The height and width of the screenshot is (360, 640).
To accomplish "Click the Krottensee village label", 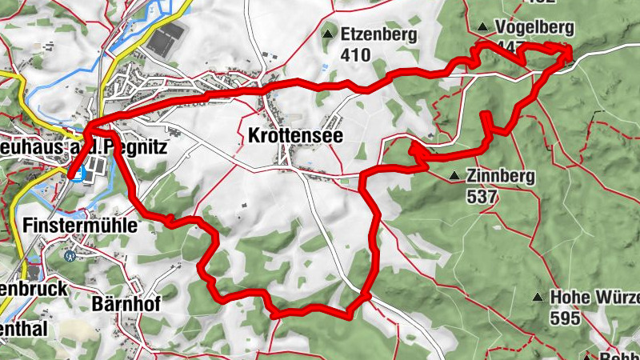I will click(295, 136).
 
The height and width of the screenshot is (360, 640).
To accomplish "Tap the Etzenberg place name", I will click(378, 34).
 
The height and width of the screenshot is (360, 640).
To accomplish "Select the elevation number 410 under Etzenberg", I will click(355, 55).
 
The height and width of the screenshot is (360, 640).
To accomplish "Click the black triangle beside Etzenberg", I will click(327, 34).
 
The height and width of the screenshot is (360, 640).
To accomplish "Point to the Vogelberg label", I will click(534, 27).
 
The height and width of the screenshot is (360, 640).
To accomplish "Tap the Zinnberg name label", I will click(502, 175).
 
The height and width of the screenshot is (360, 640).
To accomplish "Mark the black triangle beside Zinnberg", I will click(454, 175).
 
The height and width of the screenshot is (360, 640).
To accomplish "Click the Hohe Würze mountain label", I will click(594, 297).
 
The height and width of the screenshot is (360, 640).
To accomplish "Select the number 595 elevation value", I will click(566, 317).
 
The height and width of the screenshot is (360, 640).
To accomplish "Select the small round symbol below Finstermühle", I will click(70, 257).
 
